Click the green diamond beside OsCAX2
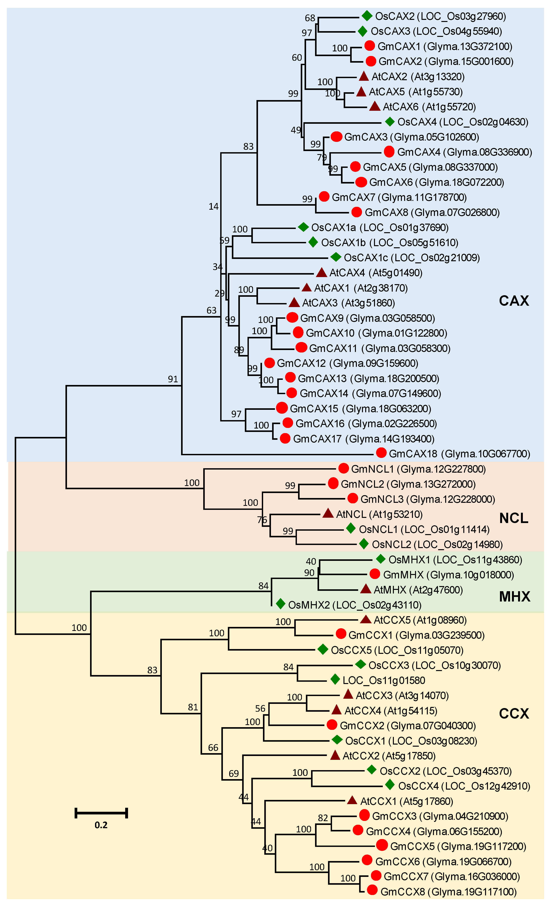(367, 16)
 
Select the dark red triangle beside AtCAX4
(321, 273)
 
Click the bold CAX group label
(514, 301)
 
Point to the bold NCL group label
(514, 518)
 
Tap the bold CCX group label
(514, 714)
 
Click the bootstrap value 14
(214, 206)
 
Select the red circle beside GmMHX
(374, 574)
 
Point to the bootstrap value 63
(211, 310)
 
